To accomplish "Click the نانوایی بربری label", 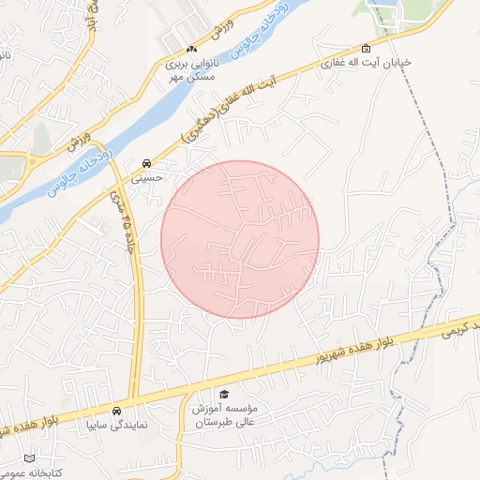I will coord(192,65).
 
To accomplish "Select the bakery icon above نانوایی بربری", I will coord(192,50).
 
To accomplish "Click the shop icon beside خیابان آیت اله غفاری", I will coord(365,49).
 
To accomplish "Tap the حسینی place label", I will coord(147,176).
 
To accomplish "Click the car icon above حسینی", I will coord(147,162).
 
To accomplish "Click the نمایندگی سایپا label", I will coord(116,425).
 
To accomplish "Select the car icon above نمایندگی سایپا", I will coord(116,411).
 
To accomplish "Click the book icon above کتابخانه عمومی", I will coord(30,458).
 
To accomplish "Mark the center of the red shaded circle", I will coord(240,239).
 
